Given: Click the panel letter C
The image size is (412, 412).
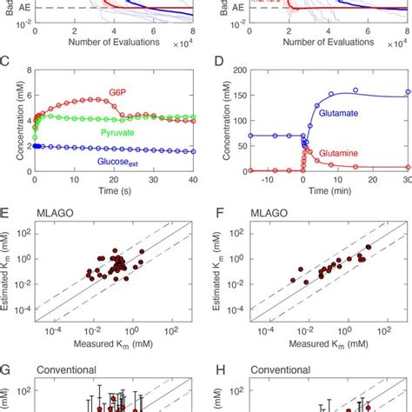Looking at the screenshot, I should pyautogui.click(x=6, y=63).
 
